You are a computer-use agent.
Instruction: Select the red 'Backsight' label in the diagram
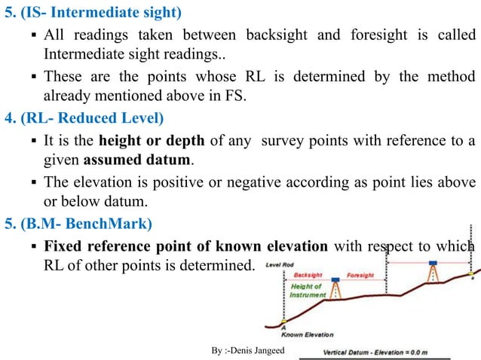point(308,276)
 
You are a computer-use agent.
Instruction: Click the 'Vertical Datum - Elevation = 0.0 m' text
point(386,352)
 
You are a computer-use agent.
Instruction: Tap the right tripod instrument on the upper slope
point(433,271)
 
